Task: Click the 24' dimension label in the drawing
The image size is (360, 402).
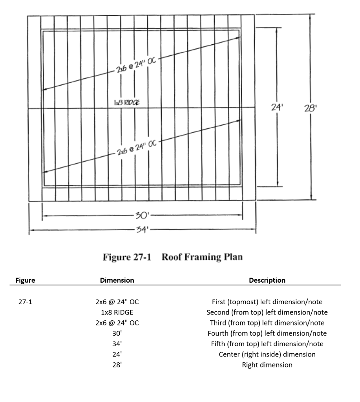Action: click(x=278, y=106)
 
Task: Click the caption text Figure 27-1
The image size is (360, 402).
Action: click(x=126, y=258)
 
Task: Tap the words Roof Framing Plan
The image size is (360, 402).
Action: click(x=202, y=258)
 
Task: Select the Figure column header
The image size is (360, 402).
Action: click(x=25, y=280)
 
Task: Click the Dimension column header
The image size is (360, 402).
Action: click(x=117, y=280)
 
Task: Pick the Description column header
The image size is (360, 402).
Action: click(x=267, y=280)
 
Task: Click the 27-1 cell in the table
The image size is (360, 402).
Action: click(x=25, y=302)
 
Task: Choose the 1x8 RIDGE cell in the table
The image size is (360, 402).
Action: click(x=117, y=312)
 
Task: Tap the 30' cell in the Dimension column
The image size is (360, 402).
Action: click(x=117, y=334)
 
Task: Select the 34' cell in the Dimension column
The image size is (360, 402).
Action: click(x=117, y=344)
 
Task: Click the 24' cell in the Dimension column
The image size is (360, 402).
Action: click(x=117, y=354)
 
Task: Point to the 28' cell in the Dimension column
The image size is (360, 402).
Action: click(x=117, y=365)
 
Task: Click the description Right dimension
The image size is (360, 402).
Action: click(x=267, y=365)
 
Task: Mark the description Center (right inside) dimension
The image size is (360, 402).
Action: click(x=267, y=354)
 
